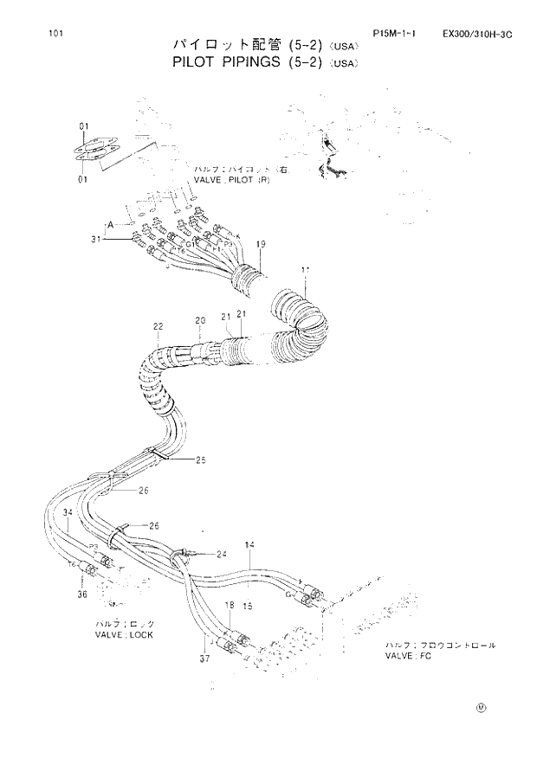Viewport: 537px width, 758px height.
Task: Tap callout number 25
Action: click(200, 459)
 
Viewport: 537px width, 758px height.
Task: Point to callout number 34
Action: click(68, 515)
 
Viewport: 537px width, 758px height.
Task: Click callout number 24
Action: click(222, 554)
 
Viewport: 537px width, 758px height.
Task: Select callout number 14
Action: click(249, 545)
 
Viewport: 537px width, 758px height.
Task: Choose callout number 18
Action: click(230, 606)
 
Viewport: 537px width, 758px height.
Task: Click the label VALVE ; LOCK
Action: click(124, 634)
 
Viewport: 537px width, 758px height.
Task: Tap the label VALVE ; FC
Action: click(408, 657)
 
